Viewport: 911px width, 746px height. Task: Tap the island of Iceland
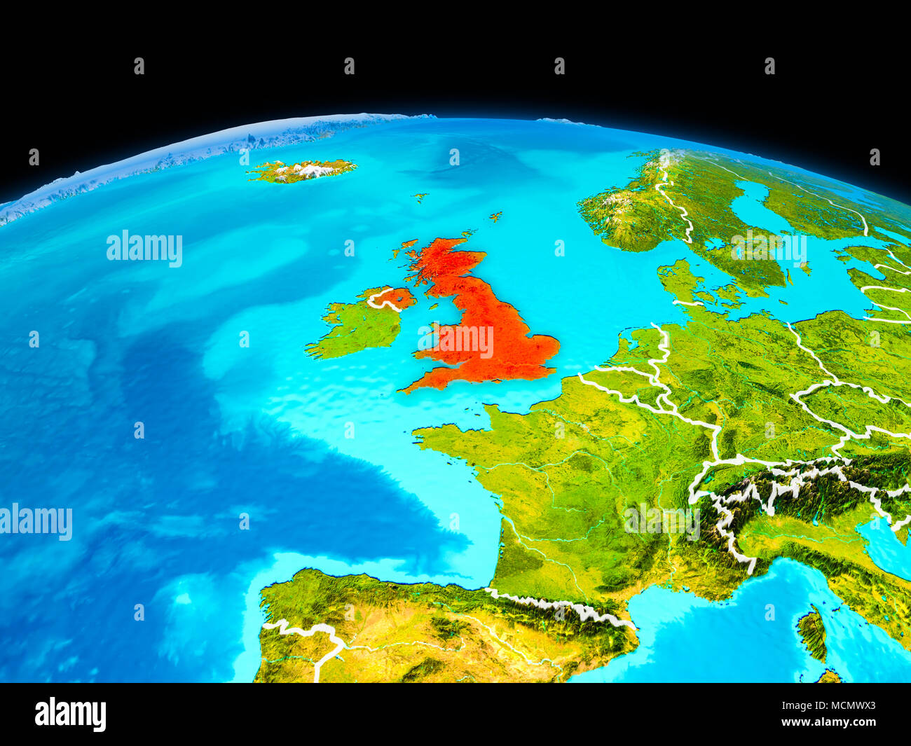(301, 170)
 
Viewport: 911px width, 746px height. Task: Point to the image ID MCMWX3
(839, 706)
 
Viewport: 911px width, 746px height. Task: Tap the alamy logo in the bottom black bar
(71, 714)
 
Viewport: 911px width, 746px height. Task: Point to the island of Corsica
(813, 634)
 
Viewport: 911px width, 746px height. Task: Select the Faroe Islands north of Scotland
(420, 198)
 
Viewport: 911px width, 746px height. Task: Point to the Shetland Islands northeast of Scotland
(495, 216)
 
